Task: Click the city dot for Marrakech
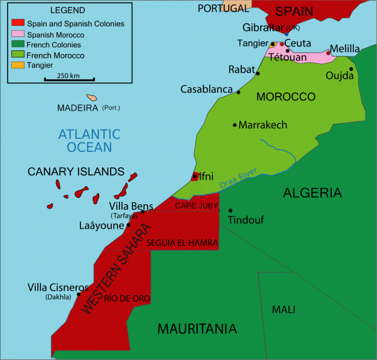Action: tap(235, 125)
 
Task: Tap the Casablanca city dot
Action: tap(238, 92)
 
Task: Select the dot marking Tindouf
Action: tap(231, 210)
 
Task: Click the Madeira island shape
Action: tap(93, 97)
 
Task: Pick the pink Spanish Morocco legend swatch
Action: tap(18, 35)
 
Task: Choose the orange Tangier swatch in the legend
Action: tap(18, 65)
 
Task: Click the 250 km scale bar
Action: tap(69, 79)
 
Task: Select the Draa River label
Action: tap(239, 178)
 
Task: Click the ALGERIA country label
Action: tap(312, 193)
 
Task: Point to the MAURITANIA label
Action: tap(197, 329)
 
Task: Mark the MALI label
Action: tap(283, 310)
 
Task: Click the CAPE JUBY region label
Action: tap(196, 205)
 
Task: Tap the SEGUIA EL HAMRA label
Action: tap(182, 243)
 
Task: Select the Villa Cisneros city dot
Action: tap(79, 294)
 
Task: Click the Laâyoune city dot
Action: tap(129, 225)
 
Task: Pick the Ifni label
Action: tap(206, 177)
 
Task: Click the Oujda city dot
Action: tap(351, 69)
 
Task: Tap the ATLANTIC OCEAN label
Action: tap(89, 141)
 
